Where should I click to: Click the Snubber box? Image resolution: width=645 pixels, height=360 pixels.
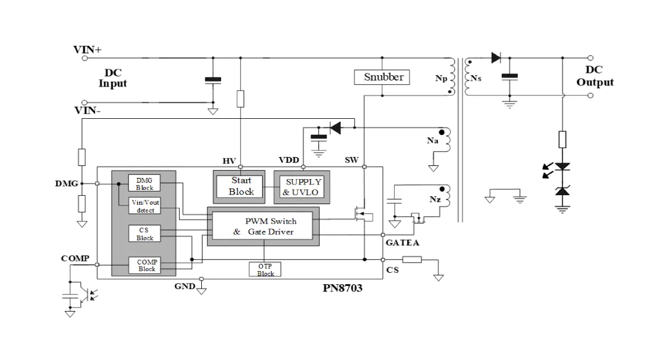[x=382, y=77]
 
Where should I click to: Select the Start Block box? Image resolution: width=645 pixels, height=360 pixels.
[x=239, y=187]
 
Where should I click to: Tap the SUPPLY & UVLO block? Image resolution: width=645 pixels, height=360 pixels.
[x=302, y=187]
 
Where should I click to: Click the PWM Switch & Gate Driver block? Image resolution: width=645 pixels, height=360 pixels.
[x=263, y=226]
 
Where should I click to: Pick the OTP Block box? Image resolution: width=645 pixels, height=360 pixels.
[x=265, y=269]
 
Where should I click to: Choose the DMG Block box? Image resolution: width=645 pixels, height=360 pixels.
[x=145, y=183]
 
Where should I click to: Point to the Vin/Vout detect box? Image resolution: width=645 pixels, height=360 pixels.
[x=145, y=206]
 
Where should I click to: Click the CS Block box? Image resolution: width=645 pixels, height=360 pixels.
[x=145, y=233]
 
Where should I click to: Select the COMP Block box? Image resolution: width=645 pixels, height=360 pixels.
[x=145, y=265]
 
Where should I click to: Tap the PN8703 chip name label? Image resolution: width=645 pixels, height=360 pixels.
[x=342, y=288]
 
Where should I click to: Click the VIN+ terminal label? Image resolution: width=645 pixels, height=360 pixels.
[x=87, y=50]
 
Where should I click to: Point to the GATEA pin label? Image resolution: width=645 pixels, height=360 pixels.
[x=403, y=243]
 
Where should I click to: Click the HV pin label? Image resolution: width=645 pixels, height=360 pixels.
[x=229, y=161]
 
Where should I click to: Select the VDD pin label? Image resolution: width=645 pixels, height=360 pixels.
[x=289, y=160]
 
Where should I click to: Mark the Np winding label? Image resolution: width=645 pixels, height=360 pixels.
[x=441, y=78]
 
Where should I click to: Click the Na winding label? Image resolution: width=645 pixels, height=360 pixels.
[x=432, y=141]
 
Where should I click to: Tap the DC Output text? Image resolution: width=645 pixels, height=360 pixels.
[x=595, y=76]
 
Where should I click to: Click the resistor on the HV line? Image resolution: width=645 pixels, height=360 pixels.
[x=241, y=99]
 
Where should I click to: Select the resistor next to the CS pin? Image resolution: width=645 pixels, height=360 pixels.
[x=411, y=260]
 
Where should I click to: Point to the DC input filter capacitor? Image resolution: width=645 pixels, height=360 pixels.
[x=213, y=80]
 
